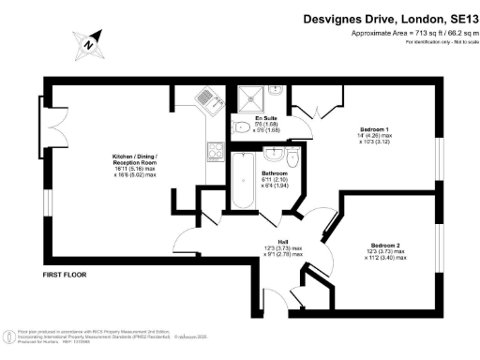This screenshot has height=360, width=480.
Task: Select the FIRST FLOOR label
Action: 67,275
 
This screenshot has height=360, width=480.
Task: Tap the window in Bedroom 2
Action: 438,252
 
